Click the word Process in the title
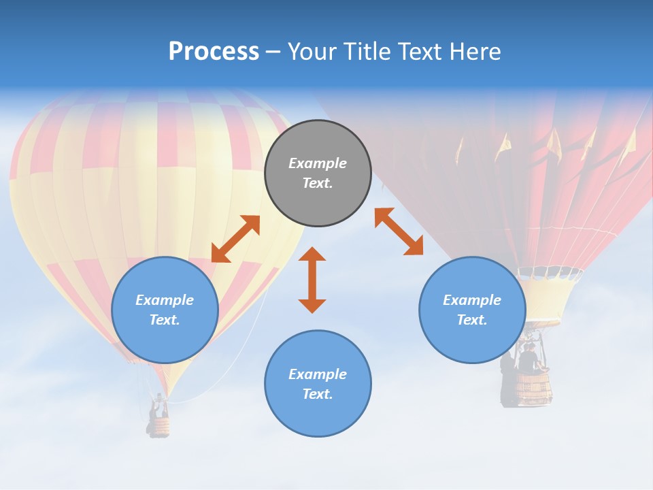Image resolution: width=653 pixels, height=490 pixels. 214,52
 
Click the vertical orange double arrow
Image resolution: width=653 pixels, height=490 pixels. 312,280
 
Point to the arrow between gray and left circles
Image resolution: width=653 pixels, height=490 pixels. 235,239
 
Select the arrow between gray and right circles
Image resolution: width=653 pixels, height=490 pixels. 399,231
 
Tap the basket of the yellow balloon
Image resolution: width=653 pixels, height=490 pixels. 159,427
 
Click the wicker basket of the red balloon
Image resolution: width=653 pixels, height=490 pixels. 533,389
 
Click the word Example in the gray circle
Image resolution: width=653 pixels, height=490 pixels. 318,163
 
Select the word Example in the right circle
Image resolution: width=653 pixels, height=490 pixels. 472,300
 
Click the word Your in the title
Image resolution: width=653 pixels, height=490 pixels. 314,52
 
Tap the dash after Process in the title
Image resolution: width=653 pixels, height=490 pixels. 273,52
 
